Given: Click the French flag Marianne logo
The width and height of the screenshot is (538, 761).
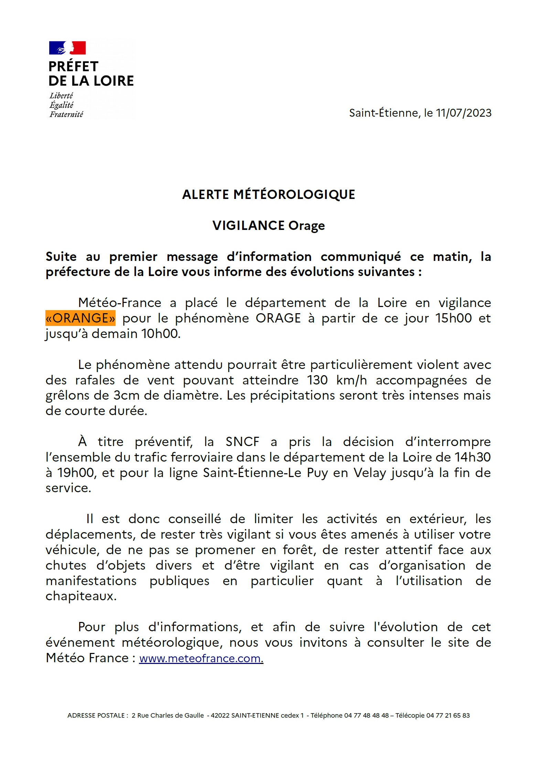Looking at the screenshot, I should point(67,48).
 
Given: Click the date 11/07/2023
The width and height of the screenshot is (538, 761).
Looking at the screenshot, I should point(463,113).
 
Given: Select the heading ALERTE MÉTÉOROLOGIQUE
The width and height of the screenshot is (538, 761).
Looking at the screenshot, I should point(268,194).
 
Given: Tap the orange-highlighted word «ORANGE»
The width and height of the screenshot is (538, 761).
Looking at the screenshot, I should point(80,318).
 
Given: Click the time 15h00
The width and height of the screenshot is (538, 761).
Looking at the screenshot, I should point(453,318).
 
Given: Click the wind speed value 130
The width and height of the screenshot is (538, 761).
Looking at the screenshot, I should point(318,380).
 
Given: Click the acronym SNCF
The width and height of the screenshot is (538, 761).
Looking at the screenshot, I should point(242,442).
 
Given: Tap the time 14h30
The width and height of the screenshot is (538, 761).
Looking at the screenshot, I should point(473,457).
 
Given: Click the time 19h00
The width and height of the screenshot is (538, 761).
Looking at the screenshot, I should point(76,473).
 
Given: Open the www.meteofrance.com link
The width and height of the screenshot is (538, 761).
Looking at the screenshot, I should point(201,658).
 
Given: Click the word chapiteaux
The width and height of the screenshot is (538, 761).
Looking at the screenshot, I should point(81,596).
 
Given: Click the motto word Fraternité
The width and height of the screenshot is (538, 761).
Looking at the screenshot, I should point(66,114).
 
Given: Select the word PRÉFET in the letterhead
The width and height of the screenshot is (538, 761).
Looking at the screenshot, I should point(73,66).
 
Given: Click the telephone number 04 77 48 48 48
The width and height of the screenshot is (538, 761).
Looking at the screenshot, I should point(366,715).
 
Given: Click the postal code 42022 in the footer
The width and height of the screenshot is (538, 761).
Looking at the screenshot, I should point(220,715).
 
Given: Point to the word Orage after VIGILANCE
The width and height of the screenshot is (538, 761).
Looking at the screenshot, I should point(306,226).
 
